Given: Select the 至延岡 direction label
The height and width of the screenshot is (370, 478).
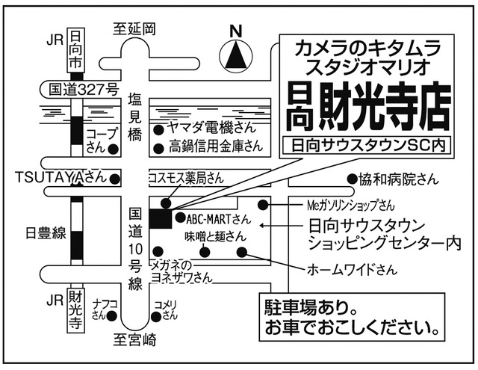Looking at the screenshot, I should point(134,29).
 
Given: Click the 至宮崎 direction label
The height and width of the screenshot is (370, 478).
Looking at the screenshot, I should point(135,340).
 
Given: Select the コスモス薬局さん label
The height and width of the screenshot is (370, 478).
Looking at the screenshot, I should point(186,178).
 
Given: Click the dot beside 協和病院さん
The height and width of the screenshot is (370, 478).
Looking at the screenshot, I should point(353,179).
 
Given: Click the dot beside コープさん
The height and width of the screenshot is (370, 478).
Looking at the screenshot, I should point(114,149).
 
